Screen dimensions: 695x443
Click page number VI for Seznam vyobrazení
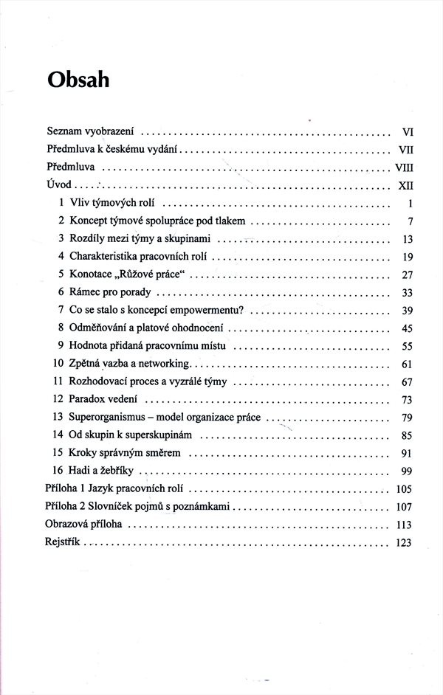(x=406, y=133)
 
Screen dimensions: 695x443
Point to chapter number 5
(x=61, y=274)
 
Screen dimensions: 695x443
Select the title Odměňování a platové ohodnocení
(x=148, y=328)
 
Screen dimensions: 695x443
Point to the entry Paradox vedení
(x=103, y=400)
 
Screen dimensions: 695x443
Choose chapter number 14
(x=58, y=435)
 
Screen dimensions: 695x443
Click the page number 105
(x=403, y=489)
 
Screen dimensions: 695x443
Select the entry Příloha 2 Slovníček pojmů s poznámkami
(x=138, y=507)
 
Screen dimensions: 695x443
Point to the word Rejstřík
(x=63, y=542)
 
